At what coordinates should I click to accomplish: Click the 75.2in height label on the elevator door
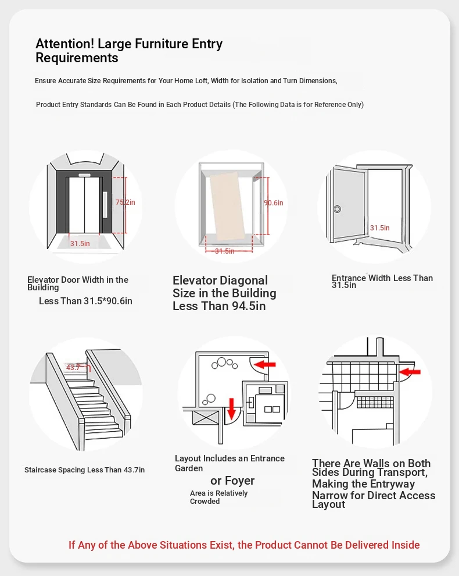click(x=125, y=202)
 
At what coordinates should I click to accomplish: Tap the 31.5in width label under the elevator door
click(x=80, y=244)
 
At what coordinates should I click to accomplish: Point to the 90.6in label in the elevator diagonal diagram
click(x=273, y=203)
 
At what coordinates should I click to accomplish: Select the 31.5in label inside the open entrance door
click(x=380, y=228)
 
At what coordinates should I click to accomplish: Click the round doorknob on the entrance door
click(x=337, y=209)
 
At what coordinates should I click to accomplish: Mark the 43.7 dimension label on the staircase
click(x=73, y=368)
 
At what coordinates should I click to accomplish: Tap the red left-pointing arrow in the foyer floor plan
click(x=265, y=365)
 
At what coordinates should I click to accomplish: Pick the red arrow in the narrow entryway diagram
click(x=411, y=371)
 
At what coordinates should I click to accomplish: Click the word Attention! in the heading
click(x=64, y=44)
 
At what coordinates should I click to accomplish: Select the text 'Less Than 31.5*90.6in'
click(x=85, y=301)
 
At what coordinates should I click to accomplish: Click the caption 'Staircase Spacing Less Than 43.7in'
click(x=85, y=470)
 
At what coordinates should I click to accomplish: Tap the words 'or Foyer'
click(x=232, y=481)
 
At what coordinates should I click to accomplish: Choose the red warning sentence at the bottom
click(x=244, y=545)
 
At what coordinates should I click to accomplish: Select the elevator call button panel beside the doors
click(x=105, y=204)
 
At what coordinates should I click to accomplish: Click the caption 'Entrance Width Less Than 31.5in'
click(x=382, y=282)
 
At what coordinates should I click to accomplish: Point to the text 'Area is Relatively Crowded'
click(x=218, y=497)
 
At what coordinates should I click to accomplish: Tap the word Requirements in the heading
click(x=77, y=58)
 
